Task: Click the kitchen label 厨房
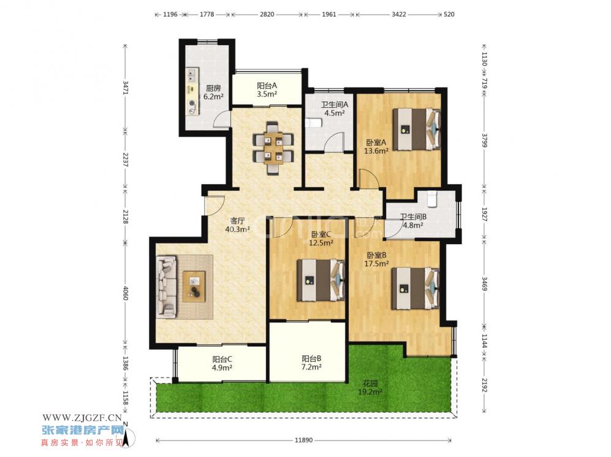(213, 88)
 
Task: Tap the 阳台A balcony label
(267, 86)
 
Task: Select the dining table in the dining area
(273, 148)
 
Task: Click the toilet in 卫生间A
(313, 122)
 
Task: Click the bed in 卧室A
(417, 129)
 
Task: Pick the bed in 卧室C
(321, 280)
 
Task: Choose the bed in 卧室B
(416, 288)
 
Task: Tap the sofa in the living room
(167, 287)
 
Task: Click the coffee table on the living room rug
(194, 286)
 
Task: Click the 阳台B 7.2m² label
(311, 363)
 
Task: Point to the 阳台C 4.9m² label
(222, 363)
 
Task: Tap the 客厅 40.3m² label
(237, 225)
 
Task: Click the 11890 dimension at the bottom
(303, 440)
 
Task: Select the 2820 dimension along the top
(267, 15)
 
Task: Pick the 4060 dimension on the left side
(125, 293)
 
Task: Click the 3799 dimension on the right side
(484, 141)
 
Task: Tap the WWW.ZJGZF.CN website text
(82, 418)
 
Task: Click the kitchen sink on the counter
(191, 74)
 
